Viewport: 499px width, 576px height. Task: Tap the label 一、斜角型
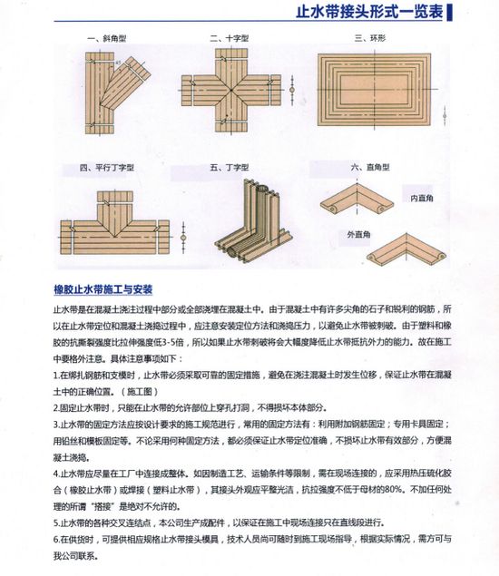tap(103, 38)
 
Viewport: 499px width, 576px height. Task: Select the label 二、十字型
tap(229, 38)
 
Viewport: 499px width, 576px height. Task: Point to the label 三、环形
tap(371, 38)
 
